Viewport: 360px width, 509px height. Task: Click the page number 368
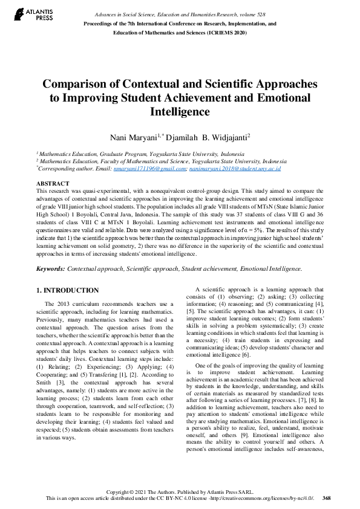(x=327, y=498)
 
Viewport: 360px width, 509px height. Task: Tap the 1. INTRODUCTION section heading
(x=68, y=290)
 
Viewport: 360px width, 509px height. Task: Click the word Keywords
(x=50, y=268)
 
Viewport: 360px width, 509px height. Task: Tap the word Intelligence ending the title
(x=180, y=112)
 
